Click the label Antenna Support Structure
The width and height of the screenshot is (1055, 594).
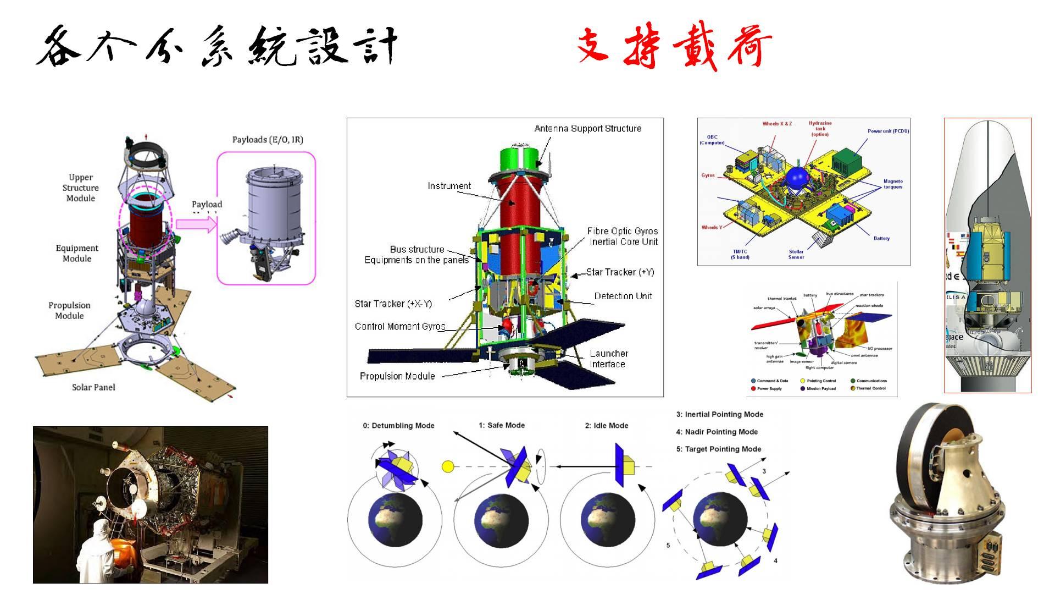coord(587,129)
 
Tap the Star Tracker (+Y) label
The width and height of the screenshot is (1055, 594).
coord(620,272)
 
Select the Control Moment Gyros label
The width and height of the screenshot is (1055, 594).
coord(399,326)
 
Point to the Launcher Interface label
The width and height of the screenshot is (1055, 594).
coord(608,359)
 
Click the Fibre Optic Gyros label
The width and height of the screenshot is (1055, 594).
coord(622,232)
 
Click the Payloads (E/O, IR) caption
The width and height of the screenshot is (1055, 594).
coord(268,140)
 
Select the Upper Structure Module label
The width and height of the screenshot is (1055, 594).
coord(81,188)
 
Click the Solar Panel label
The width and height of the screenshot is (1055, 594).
coord(93,387)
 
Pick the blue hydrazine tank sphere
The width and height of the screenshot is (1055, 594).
coord(797,178)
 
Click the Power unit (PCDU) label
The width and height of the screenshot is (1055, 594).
coord(888,131)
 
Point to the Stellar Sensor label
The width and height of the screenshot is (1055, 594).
coord(796,254)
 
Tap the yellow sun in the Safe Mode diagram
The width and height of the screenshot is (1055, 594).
coord(448,467)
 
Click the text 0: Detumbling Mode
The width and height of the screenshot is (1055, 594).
coord(398,426)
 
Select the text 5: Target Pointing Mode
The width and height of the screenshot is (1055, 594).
coord(718,449)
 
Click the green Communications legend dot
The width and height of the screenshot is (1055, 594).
coord(852,381)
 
